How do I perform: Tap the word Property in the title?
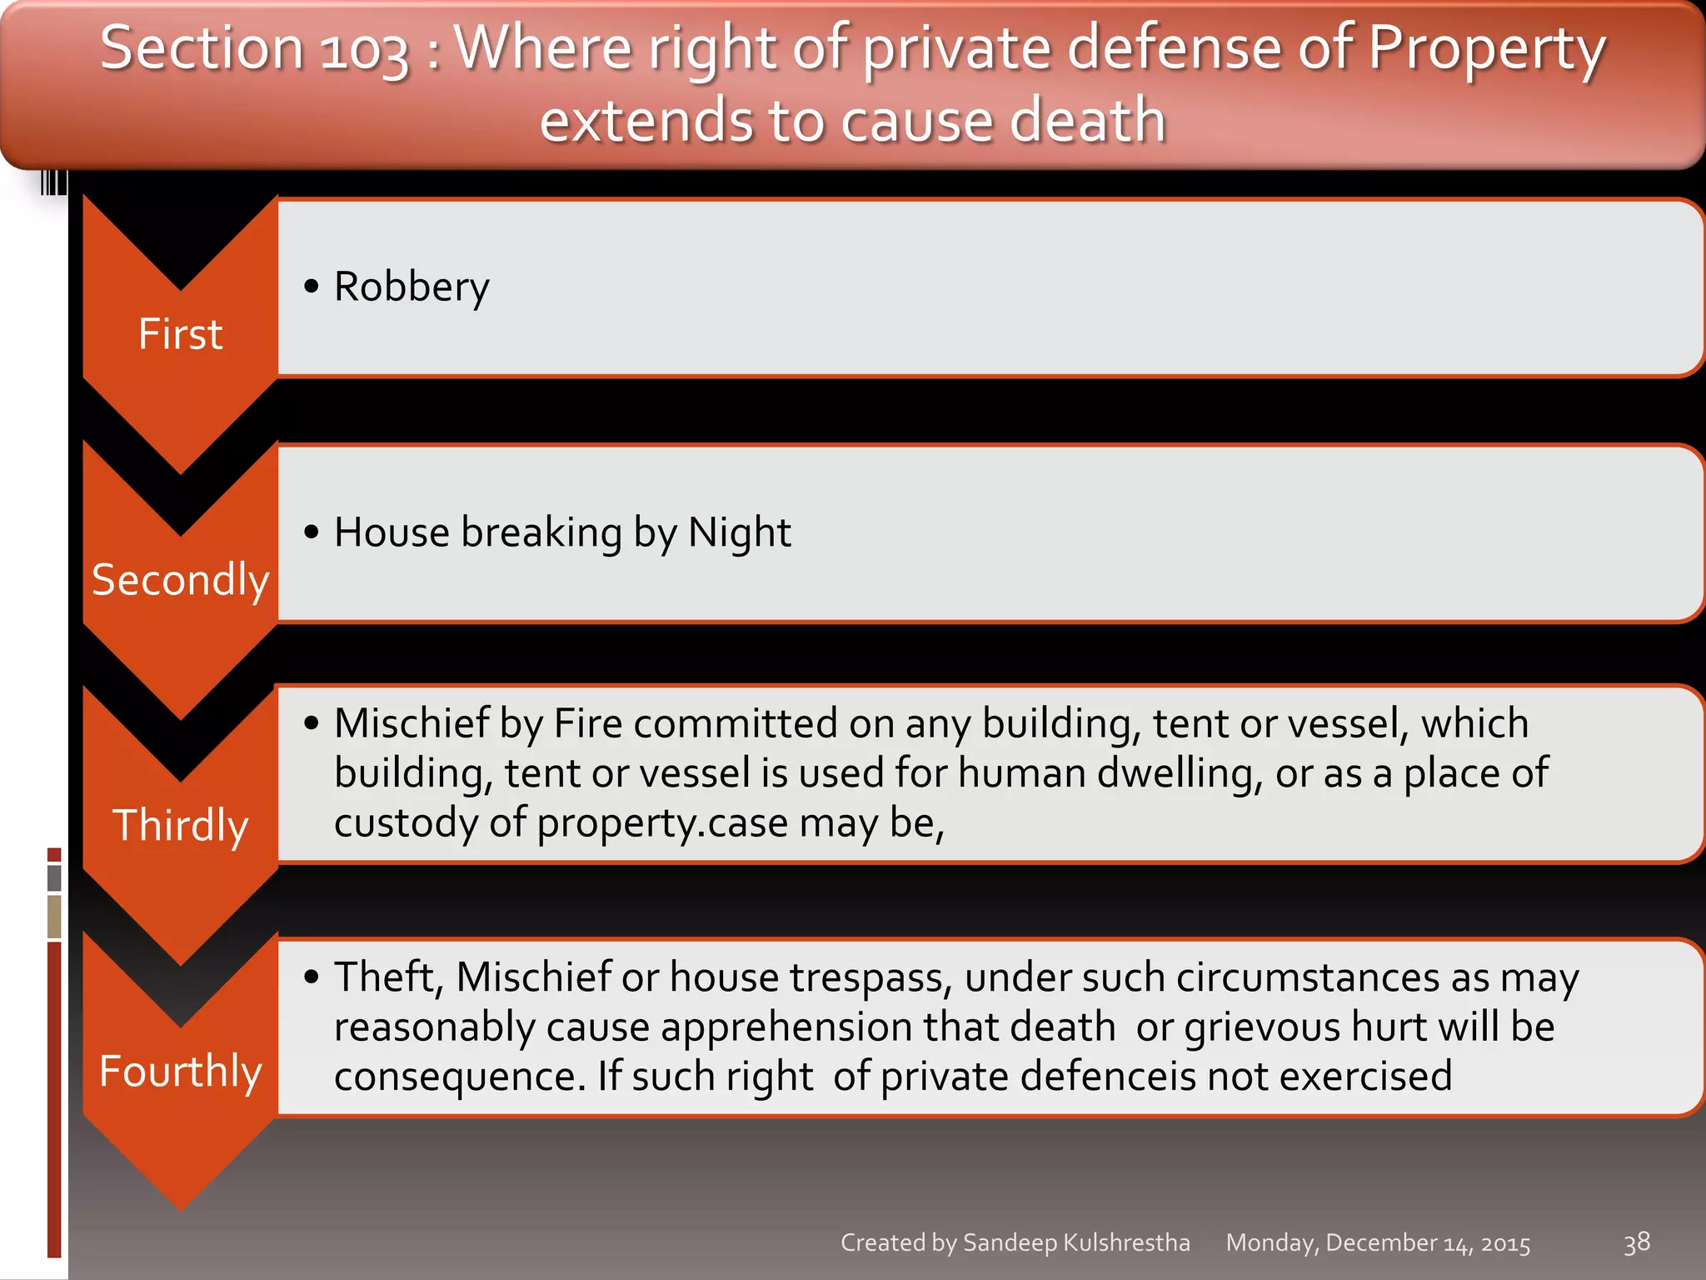pos(1486,50)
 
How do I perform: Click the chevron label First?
pos(180,334)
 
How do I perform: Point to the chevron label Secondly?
pos(180,580)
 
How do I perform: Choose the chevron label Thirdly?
pos(180,826)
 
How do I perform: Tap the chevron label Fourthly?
pos(180,1071)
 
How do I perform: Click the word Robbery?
pos(412,287)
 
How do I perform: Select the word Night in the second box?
pos(739,532)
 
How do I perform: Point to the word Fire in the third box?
pos(588,723)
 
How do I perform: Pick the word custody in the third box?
pos(405,823)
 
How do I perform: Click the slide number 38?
pos(1636,1242)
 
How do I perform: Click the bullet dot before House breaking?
pos(312,532)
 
